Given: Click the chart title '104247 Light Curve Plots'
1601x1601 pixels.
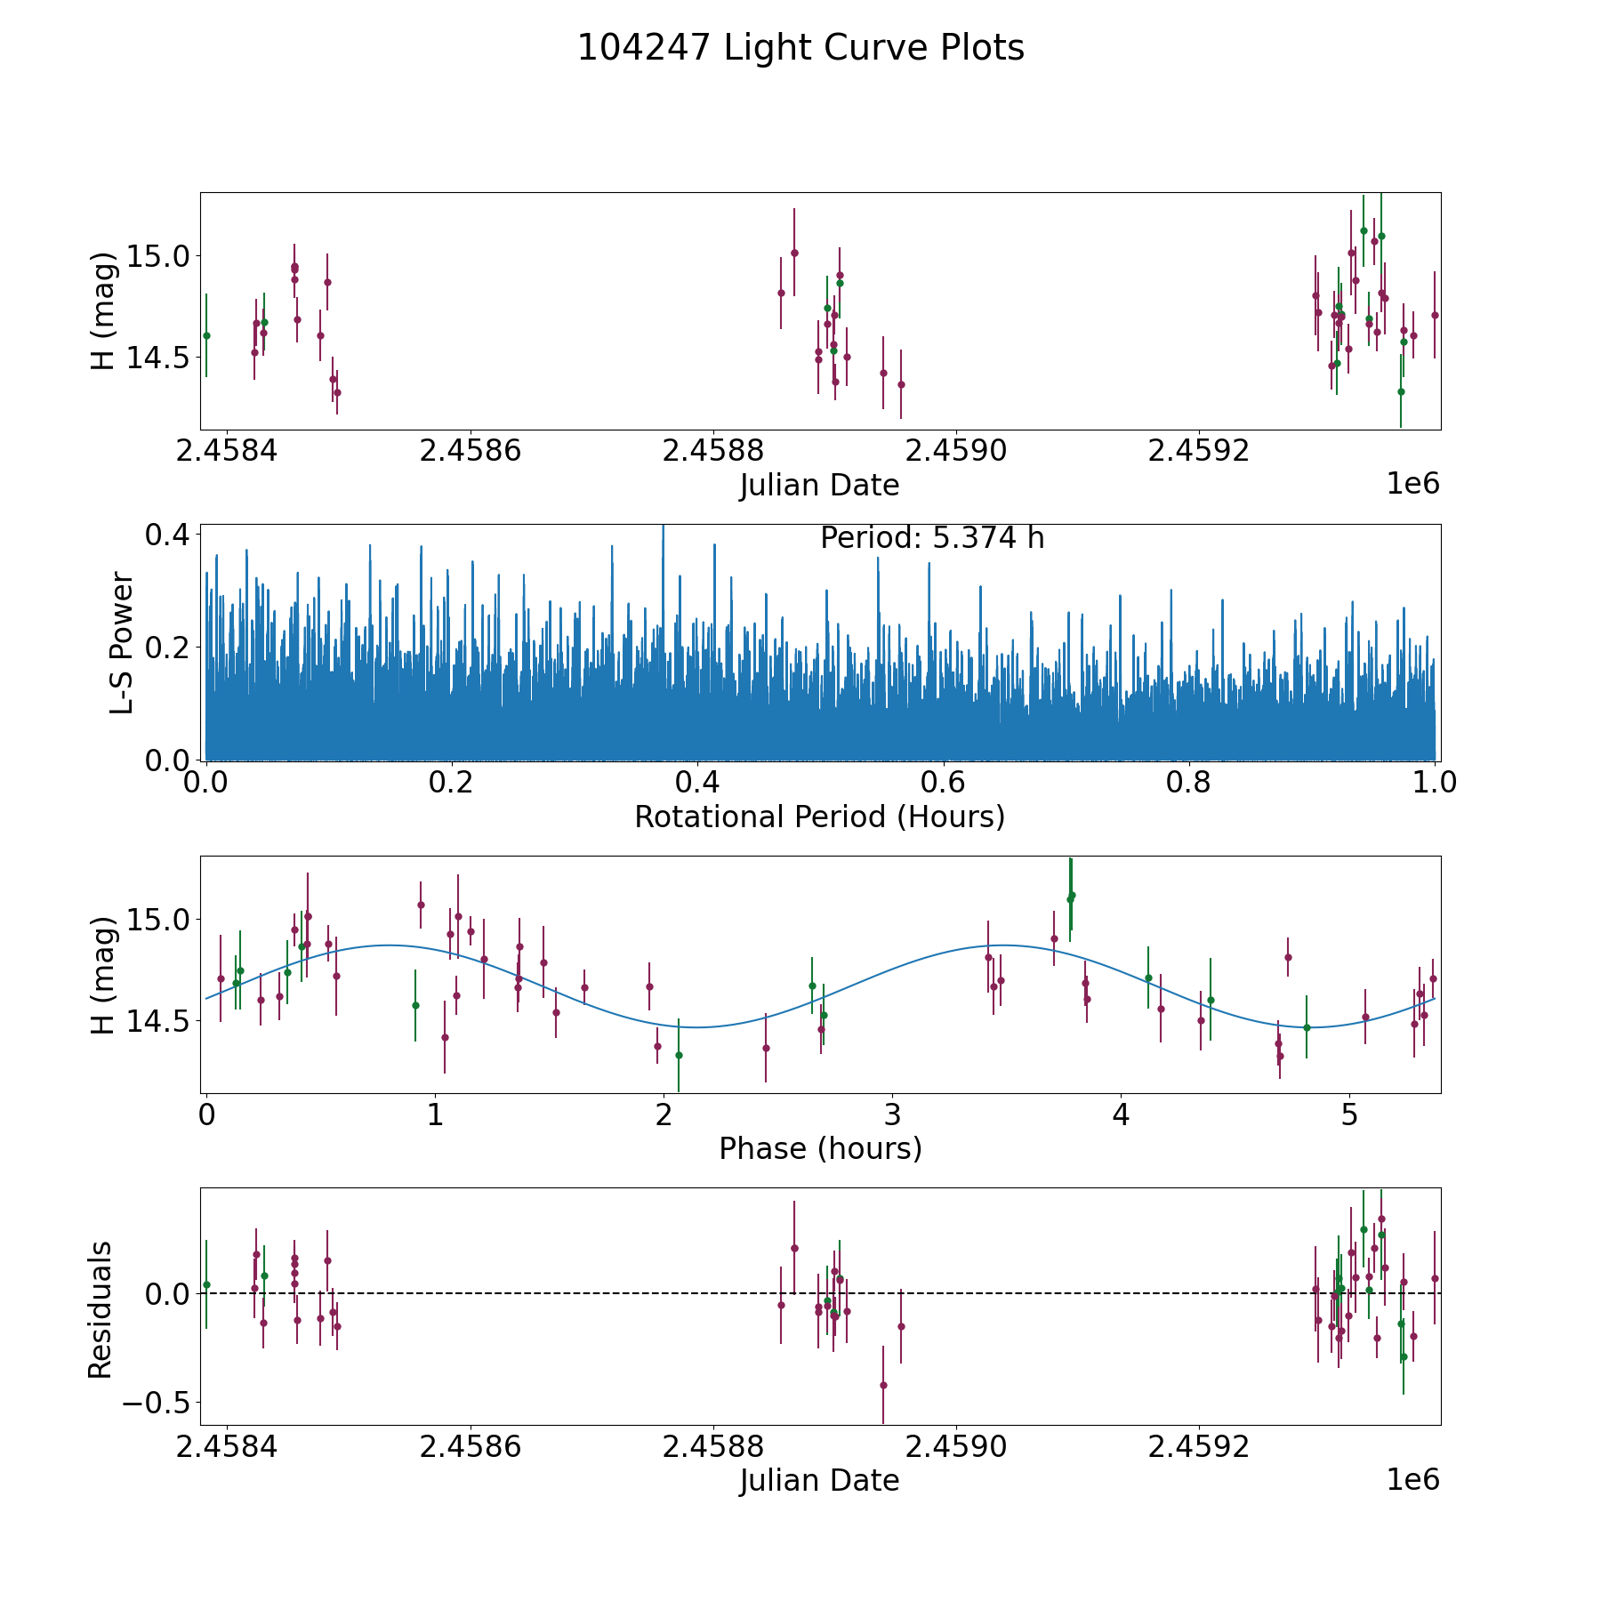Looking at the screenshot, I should pos(800,48).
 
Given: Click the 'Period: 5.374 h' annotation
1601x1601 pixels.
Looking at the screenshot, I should pos(931,538).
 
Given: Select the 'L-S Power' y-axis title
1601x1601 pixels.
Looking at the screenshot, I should pos(122,643).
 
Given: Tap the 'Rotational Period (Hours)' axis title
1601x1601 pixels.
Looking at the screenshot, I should pos(819,817).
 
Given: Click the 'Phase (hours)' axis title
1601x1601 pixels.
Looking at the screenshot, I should pos(820,1148).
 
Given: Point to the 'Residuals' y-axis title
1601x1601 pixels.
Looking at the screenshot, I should pos(101,1309).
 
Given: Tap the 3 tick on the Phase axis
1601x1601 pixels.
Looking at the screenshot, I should pos(892,1115).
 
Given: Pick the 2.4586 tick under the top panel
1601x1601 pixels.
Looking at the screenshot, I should pos(470,451).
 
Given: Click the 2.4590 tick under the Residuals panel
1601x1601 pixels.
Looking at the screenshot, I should pos(956,1446).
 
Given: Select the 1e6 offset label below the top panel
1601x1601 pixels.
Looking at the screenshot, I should pos(1412,484).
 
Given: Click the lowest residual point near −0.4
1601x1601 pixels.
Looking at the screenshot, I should pos(883,1385).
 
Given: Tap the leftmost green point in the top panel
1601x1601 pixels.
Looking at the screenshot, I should pos(206,335).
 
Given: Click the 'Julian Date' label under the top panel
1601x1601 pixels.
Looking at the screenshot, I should pos(819,486).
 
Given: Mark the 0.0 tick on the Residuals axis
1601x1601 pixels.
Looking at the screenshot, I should pos(168,1293).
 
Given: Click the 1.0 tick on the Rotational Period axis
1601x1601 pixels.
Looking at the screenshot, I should pos(1435,784).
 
